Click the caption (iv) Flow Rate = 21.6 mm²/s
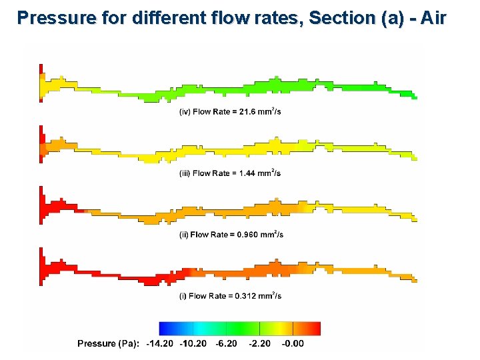tap(230, 111)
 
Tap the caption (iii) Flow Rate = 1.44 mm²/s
tap(230, 173)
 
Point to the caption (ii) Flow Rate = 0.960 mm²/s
tap(231, 234)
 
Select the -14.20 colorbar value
tap(160, 343)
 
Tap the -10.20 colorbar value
tap(193, 343)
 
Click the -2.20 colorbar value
tap(260, 343)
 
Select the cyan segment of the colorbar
tap(203, 329)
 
